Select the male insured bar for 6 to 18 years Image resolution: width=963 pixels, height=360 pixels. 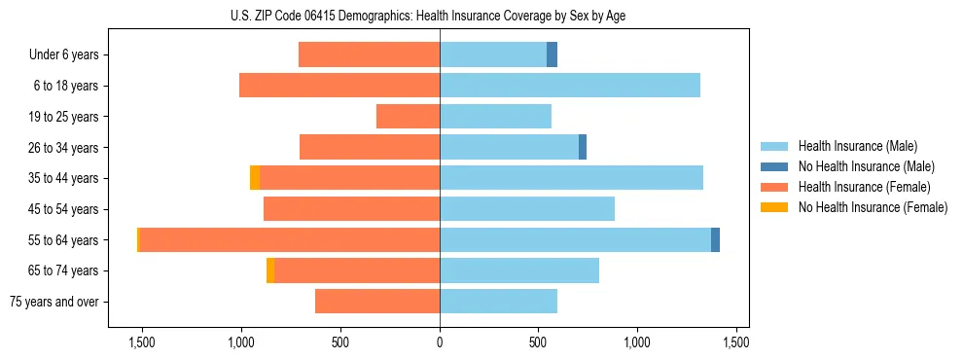(x=569, y=86)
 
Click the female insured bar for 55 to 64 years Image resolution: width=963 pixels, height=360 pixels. (x=290, y=240)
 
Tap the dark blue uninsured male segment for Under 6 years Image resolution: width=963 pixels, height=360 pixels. (x=552, y=54)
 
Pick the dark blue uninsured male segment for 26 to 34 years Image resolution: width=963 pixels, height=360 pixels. (x=583, y=147)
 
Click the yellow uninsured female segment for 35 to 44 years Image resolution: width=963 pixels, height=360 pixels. (x=255, y=178)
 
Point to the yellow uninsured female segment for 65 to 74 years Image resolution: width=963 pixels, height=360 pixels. (x=270, y=270)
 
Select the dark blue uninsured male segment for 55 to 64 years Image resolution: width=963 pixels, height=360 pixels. (x=715, y=240)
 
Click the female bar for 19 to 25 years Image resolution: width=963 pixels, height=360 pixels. (x=408, y=117)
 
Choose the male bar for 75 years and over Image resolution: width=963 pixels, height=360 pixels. (x=498, y=302)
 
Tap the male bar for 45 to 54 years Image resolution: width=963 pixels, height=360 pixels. (x=526, y=209)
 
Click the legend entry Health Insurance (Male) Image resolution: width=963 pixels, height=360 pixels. (x=857, y=147)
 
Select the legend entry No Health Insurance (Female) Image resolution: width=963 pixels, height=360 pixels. (x=873, y=207)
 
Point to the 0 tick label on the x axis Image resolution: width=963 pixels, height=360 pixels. (x=440, y=342)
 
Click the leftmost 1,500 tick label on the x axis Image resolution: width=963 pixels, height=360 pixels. (x=142, y=342)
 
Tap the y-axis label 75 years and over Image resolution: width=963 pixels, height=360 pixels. (x=53, y=302)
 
